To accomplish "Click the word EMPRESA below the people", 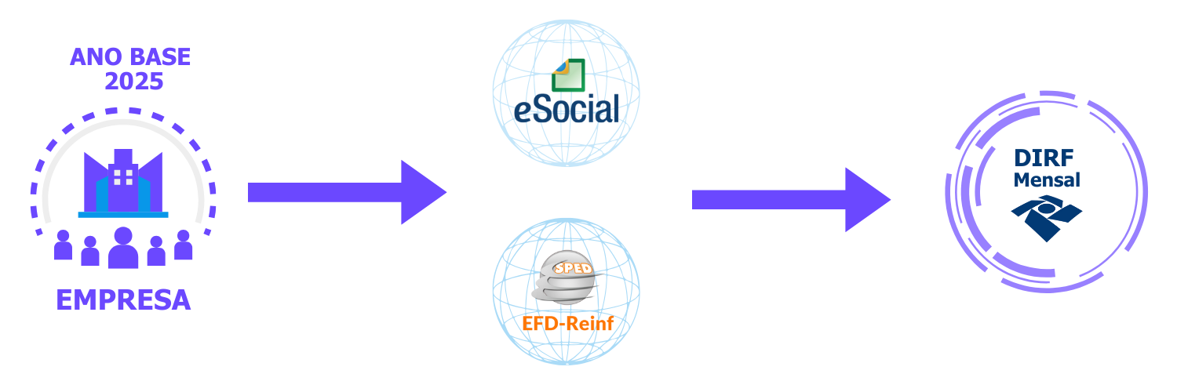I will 123,299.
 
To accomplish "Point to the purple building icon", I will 123,184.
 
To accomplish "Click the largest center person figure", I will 123,249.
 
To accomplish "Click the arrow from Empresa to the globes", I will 345,192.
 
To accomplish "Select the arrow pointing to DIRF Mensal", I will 789,200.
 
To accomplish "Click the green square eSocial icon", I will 568,74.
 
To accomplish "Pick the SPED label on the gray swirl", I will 573,268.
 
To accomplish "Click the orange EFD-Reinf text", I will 567,323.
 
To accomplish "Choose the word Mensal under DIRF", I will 1047,180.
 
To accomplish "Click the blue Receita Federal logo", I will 1046,217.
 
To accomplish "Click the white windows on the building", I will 123,176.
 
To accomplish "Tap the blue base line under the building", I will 123,214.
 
